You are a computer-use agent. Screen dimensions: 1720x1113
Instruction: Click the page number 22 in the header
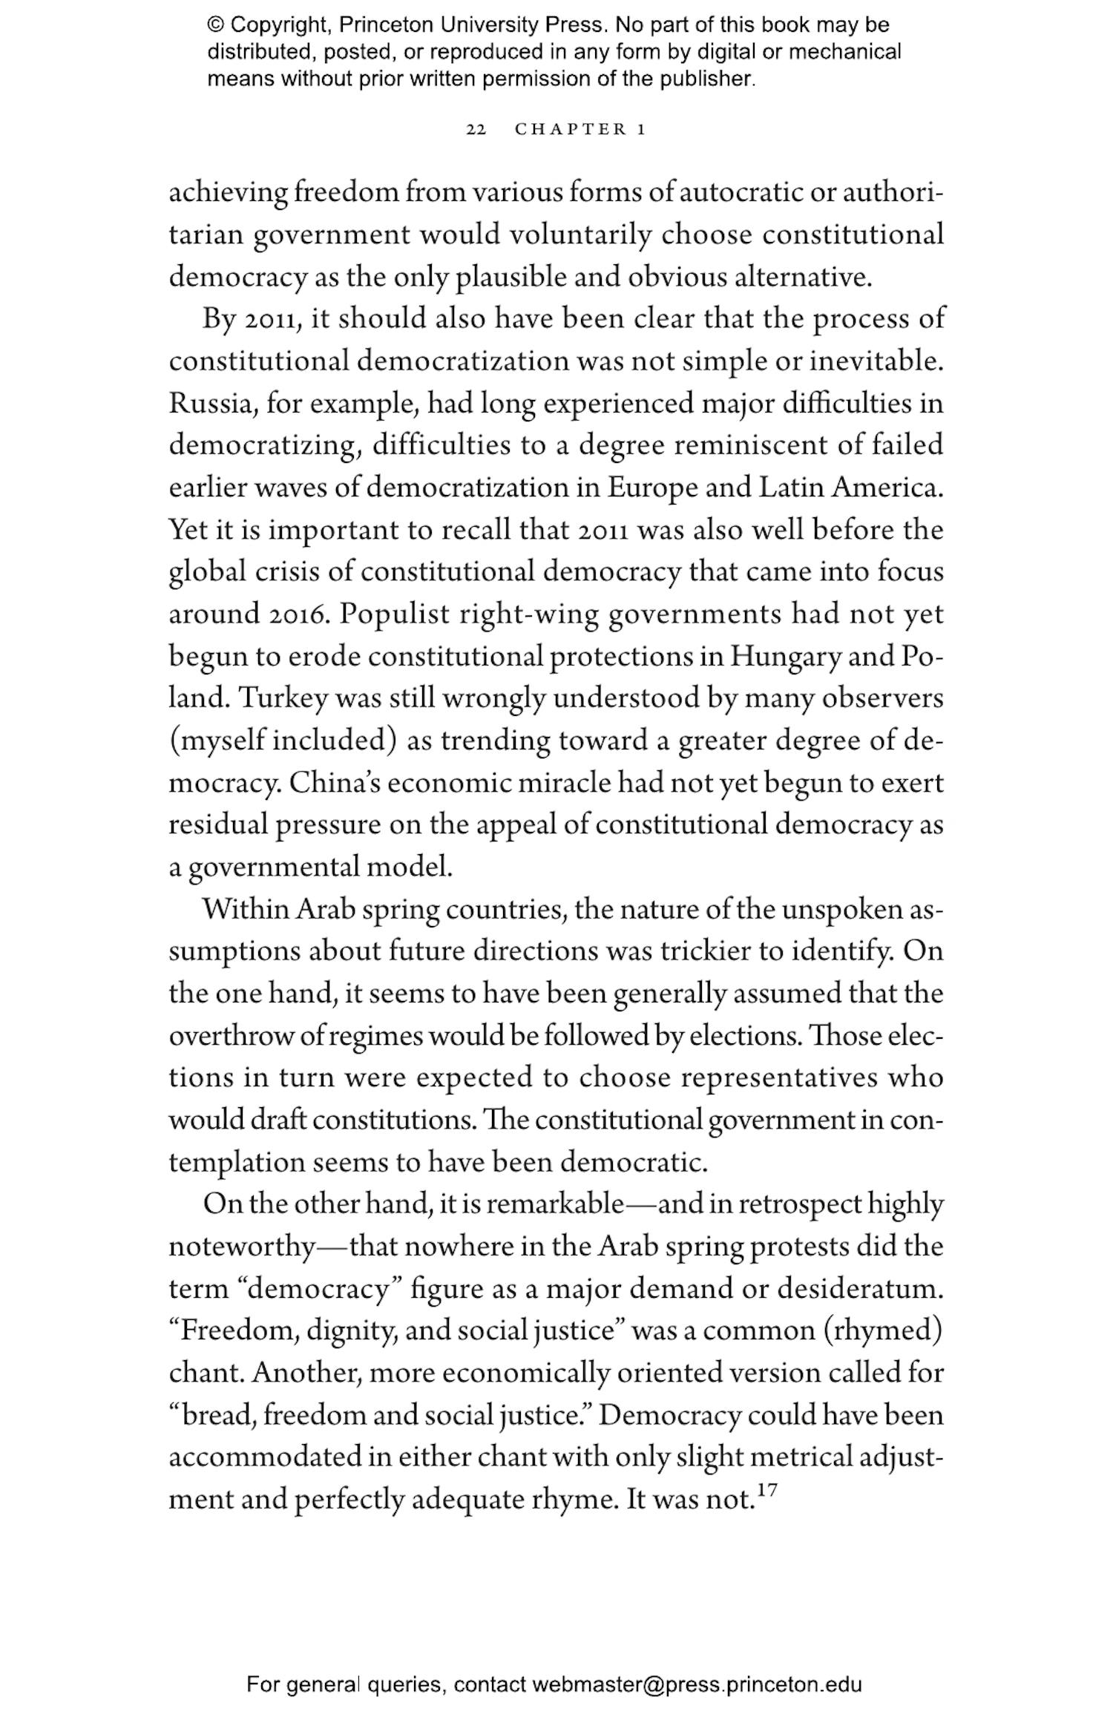tap(476, 130)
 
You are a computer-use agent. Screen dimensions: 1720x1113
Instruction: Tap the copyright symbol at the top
tap(216, 26)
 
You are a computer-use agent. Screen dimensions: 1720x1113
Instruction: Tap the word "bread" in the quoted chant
tap(213, 1416)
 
